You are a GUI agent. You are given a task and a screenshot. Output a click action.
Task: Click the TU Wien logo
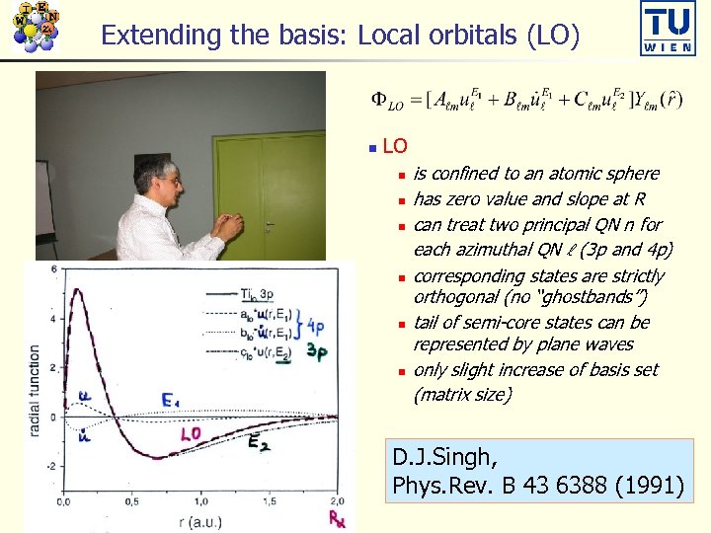[x=668, y=30]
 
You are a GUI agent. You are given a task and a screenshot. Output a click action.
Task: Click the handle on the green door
[x=270, y=225]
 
